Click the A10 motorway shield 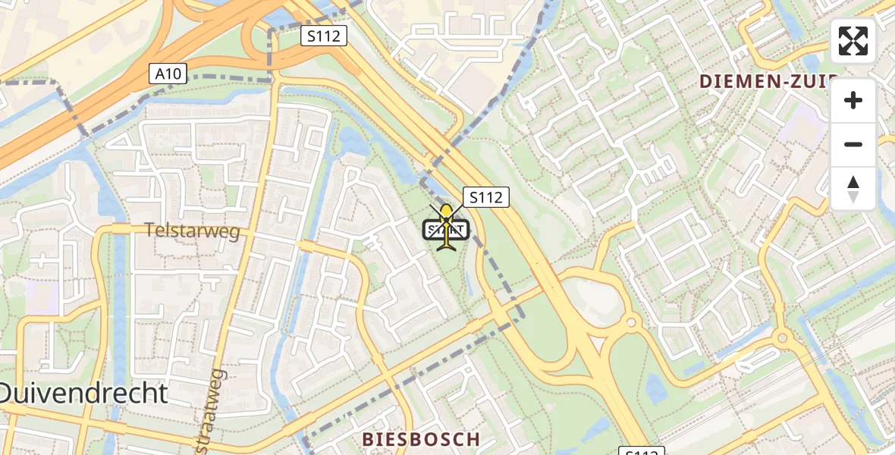point(167,74)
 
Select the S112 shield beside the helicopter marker point(485,197)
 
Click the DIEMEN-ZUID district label point(768,81)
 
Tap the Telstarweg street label point(193,232)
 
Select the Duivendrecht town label point(82,393)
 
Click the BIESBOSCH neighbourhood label point(421,439)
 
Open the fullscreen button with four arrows point(853,41)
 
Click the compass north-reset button point(853,188)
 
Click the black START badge point(446,229)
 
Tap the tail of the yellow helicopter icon point(445,245)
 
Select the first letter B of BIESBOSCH point(368,439)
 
